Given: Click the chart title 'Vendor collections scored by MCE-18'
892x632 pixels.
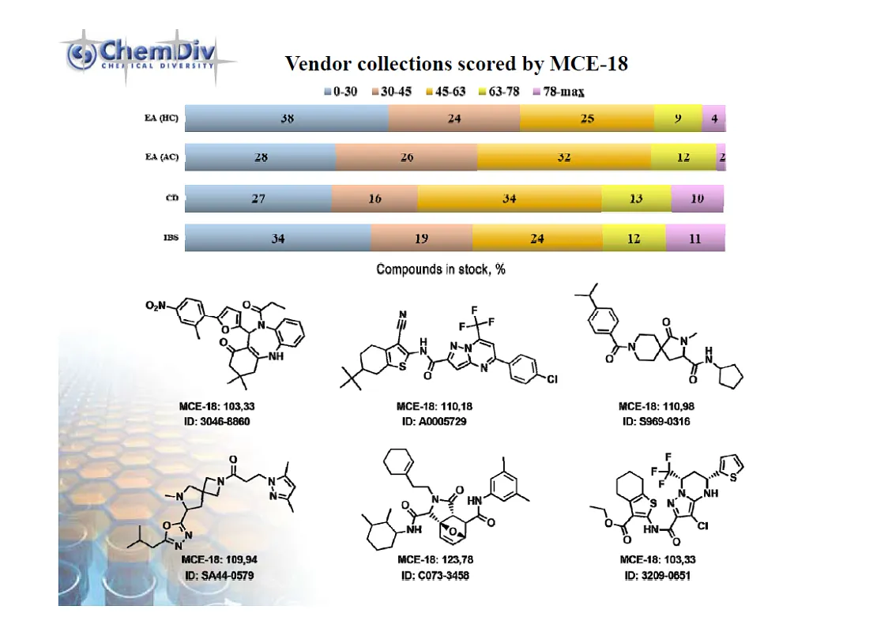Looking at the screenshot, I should (456, 64).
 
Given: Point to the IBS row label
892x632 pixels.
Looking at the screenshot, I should (171, 237).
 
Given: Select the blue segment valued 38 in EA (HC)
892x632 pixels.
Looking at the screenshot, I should (287, 118).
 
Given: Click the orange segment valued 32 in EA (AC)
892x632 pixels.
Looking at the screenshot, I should (564, 157).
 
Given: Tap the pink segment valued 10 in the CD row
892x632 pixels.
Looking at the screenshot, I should (698, 198).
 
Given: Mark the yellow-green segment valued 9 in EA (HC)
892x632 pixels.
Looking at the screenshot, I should (678, 118).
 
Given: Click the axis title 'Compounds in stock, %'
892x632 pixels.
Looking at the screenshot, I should (441, 269).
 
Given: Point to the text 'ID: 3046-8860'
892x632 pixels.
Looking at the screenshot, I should (215, 421).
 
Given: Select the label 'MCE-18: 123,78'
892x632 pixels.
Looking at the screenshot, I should (434, 560).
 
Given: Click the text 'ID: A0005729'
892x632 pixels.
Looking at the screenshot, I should (434, 421).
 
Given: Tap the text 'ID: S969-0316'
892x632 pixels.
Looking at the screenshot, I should (657, 421).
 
